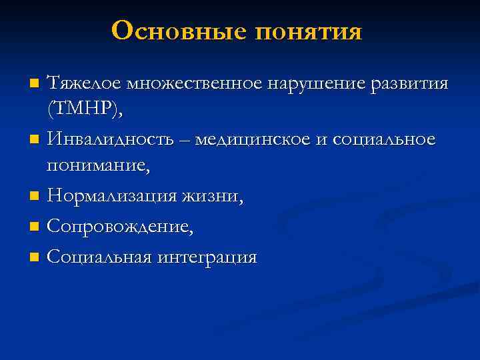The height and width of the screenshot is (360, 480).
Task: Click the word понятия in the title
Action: [x=308, y=30]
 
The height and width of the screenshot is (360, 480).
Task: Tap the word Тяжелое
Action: [x=83, y=84]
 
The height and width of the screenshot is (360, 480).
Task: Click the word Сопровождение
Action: [x=121, y=227]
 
